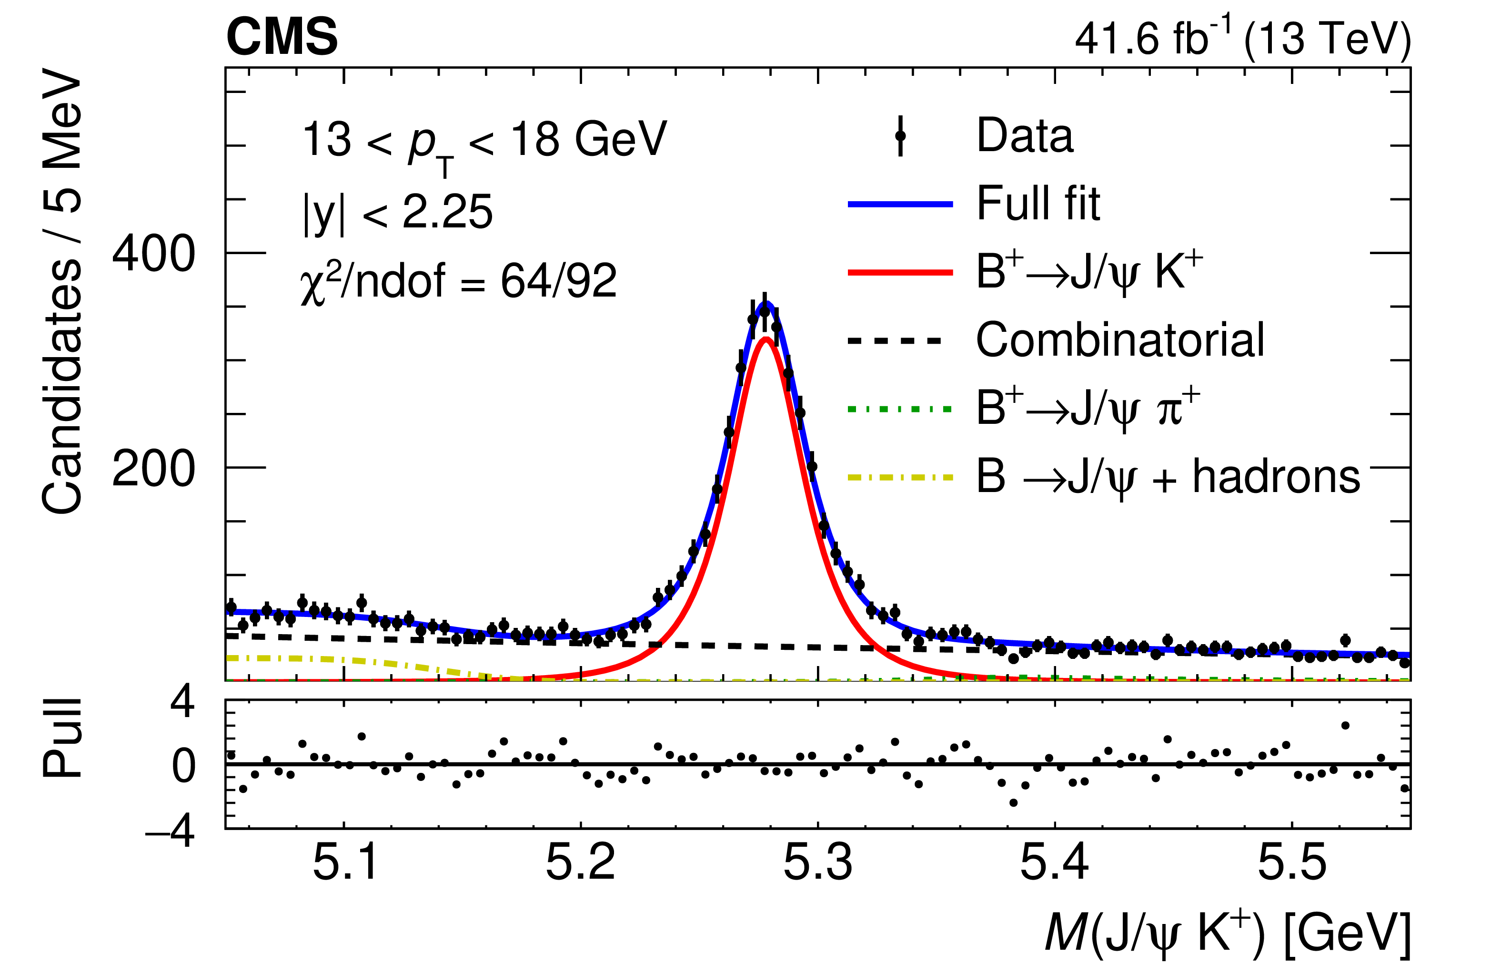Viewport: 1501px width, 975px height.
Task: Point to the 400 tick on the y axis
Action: tap(153, 254)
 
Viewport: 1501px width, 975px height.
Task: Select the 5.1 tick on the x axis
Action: tap(344, 862)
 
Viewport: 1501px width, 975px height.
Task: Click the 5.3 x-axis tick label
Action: tap(818, 862)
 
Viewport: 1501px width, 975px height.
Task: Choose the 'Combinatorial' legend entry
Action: tap(1119, 339)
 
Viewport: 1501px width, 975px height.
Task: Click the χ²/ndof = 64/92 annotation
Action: tap(459, 281)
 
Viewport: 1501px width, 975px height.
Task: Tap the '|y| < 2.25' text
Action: tap(398, 212)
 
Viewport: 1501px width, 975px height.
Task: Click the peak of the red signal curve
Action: tap(765, 339)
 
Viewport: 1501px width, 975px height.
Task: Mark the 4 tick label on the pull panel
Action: tap(182, 702)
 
